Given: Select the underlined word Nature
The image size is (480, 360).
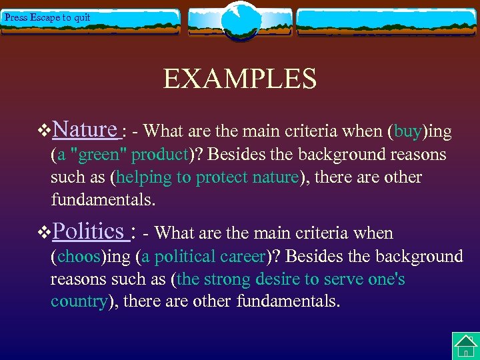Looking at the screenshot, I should point(85,129).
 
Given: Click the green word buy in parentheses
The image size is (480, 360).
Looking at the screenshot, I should point(407,132).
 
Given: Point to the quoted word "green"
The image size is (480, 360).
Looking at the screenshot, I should point(103,155).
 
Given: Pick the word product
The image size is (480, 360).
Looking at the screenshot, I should point(160,155).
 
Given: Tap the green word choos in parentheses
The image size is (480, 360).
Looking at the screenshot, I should point(79,257).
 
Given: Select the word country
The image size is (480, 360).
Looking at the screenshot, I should point(79,301).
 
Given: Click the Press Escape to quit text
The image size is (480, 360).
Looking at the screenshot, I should point(47,17).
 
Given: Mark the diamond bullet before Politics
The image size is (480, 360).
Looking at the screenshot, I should point(45,233).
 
